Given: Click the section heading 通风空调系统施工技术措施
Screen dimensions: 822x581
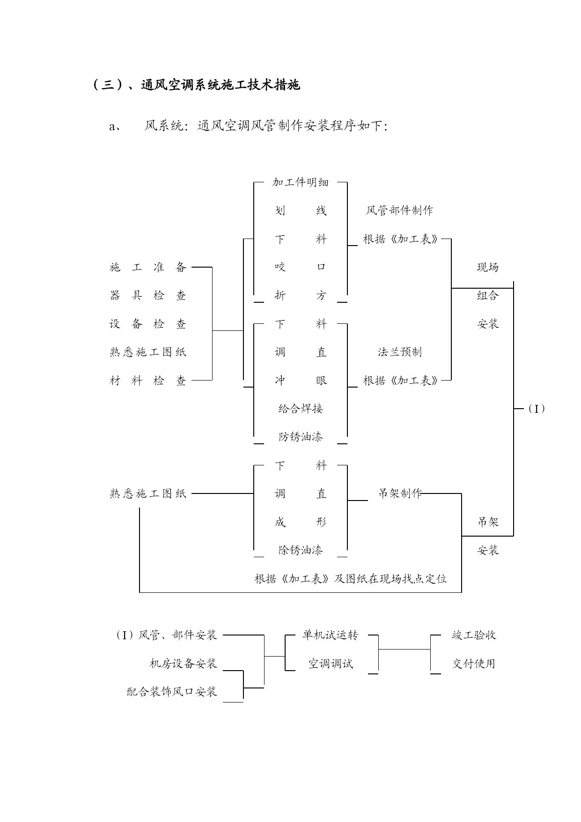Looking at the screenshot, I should (197, 85).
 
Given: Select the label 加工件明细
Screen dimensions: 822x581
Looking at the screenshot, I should (300, 182).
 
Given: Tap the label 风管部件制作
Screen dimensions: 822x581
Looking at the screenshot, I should (399, 210).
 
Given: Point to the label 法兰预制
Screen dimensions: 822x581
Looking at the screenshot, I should (399, 352).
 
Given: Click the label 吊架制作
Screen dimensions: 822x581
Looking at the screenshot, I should (400, 493).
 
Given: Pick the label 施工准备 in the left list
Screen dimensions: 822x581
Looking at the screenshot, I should (148, 267).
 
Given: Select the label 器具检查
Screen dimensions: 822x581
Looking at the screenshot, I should (148, 295).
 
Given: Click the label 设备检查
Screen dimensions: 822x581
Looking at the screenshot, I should (148, 324).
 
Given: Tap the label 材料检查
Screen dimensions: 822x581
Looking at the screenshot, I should (148, 381).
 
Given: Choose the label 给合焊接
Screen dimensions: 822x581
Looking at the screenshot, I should (301, 409).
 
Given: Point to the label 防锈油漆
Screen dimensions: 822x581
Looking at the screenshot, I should (301, 437).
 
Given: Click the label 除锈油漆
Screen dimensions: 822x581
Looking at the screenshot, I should (301, 550).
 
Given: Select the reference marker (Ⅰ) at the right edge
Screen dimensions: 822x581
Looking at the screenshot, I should (536, 409).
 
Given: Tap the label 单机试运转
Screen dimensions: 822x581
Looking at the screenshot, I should (330, 635).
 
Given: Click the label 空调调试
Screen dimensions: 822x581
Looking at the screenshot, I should (330, 664).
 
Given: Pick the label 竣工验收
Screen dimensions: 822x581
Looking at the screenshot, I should (474, 635).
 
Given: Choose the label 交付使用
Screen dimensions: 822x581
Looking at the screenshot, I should (474, 664).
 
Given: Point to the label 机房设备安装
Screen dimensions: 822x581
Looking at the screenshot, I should (183, 664).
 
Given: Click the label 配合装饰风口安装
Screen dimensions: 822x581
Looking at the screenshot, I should (172, 692).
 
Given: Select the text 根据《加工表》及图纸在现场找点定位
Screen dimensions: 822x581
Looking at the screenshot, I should (351, 579).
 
